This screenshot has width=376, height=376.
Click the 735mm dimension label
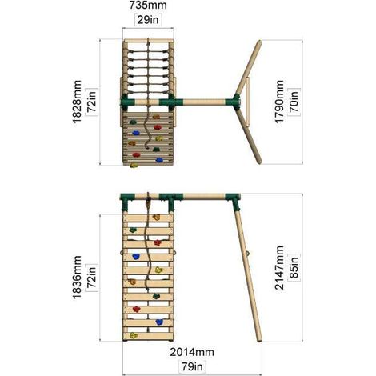pos(148,6)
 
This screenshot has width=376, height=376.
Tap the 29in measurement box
pos(148,19)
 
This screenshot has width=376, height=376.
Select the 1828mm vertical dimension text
pos(77,102)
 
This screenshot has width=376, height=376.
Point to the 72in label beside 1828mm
pos(91,102)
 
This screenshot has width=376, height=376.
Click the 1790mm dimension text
pos(279,102)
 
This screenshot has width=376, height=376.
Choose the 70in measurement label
pos(294,102)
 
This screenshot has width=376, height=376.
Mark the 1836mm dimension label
pos(77,278)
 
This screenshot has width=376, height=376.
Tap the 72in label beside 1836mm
pos(91,278)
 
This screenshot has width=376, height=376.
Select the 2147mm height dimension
pos(279,267)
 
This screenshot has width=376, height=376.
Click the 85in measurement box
pos(294,268)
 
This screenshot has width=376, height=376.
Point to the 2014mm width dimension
pos(192,352)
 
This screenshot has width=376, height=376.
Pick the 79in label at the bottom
pos(192,366)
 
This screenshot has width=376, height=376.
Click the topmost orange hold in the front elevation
pos(156,218)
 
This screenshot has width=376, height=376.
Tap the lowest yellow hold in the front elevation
pos(134,335)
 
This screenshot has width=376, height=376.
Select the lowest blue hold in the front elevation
pos(159,322)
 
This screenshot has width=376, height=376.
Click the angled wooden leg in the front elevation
pos(247,274)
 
